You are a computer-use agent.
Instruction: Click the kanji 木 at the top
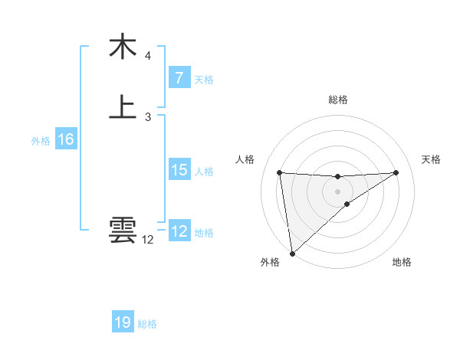click(x=123, y=47)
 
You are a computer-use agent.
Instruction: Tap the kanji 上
click(x=123, y=107)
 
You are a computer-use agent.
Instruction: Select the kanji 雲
click(x=123, y=230)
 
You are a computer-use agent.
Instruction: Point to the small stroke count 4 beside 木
click(x=148, y=56)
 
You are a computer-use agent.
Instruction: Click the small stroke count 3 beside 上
click(x=148, y=117)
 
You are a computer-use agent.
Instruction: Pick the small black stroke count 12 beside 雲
click(x=148, y=240)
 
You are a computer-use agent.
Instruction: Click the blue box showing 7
click(x=179, y=78)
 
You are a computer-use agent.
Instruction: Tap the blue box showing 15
click(x=179, y=170)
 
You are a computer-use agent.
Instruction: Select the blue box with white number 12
click(x=179, y=231)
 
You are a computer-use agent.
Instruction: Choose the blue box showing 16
click(x=65, y=139)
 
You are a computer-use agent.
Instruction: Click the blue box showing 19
click(x=123, y=322)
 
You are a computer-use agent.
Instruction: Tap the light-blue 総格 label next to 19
click(x=147, y=324)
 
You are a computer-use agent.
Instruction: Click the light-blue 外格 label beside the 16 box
click(x=40, y=141)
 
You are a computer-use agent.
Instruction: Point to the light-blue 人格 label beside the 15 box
click(x=204, y=172)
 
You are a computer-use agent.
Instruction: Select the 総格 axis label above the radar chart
click(x=337, y=100)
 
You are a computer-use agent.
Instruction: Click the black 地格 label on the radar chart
click(x=402, y=263)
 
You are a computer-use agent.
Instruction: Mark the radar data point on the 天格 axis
click(x=396, y=172)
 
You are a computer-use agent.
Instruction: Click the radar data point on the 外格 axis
click(x=292, y=254)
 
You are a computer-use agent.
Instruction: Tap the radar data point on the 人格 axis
click(x=280, y=172)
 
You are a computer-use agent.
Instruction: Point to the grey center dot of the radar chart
click(x=337, y=191)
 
